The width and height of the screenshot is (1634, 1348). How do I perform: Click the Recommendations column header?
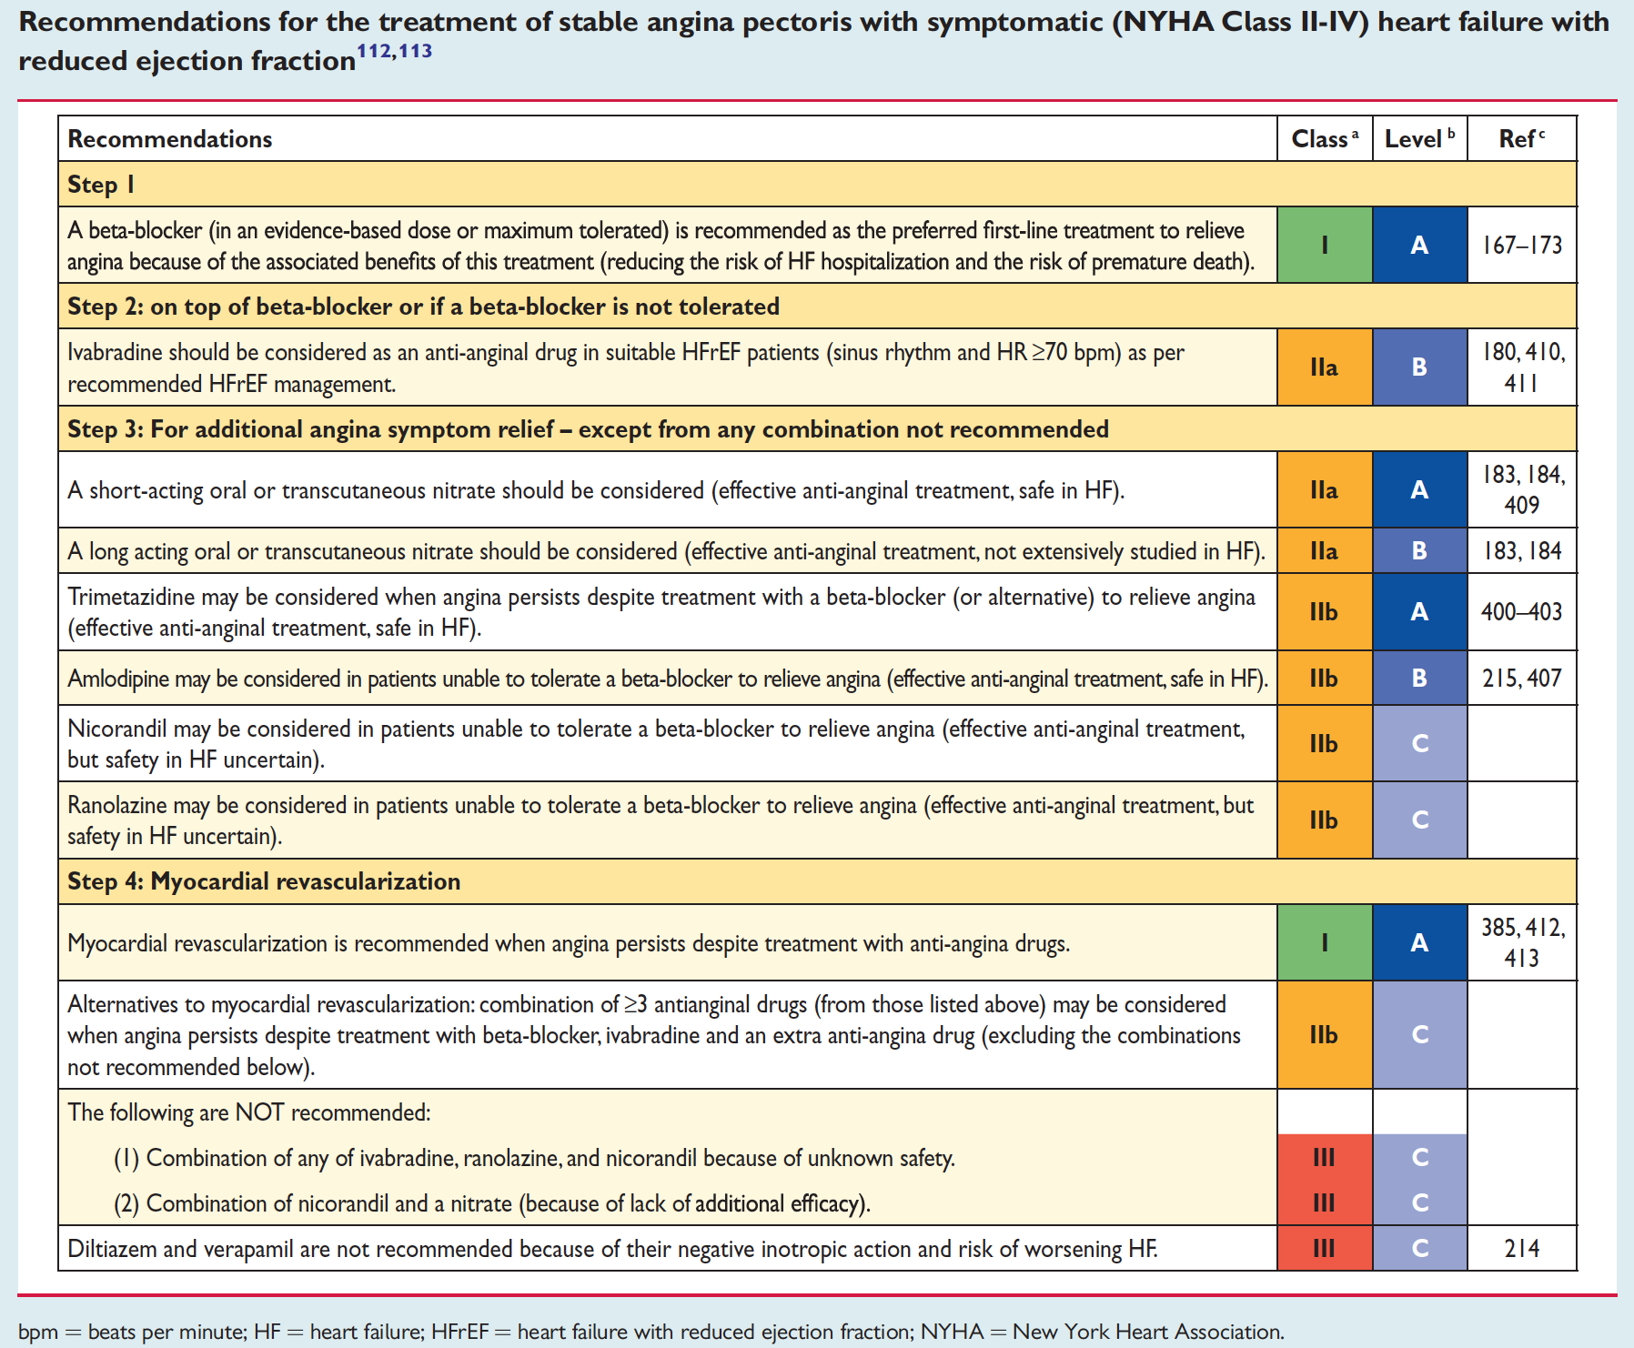tap(170, 139)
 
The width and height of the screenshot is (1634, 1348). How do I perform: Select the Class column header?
tap(1325, 139)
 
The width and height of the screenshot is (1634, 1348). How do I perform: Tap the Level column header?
tap(1419, 139)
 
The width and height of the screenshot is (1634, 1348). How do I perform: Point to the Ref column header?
tap(1521, 139)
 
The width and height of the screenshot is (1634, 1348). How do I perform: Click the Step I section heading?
tap(101, 185)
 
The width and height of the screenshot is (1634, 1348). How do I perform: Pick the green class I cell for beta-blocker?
tap(1325, 246)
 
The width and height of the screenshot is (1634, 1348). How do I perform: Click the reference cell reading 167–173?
tap(1521, 246)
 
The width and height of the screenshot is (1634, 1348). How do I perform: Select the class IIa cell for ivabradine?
tap(1325, 367)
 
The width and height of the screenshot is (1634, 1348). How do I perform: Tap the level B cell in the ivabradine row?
tap(1419, 367)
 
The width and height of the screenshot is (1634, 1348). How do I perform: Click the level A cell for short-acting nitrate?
tap(1419, 490)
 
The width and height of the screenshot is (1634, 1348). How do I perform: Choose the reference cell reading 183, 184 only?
tap(1521, 551)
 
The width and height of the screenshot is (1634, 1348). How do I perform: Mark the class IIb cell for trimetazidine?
tap(1325, 612)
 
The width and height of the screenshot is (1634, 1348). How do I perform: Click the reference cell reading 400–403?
tap(1521, 612)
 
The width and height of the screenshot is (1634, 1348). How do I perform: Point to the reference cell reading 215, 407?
tap(1521, 679)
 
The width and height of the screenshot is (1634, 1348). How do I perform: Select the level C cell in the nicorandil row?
tap(1419, 744)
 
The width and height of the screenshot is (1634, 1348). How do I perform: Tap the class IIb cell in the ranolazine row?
tap(1325, 820)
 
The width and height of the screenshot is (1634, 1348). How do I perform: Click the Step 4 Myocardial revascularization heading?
tap(264, 881)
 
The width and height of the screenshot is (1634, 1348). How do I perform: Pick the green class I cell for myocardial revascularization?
tap(1325, 943)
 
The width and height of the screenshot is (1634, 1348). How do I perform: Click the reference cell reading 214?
tap(1521, 1249)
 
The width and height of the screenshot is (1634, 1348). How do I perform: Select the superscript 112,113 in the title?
tap(394, 51)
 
